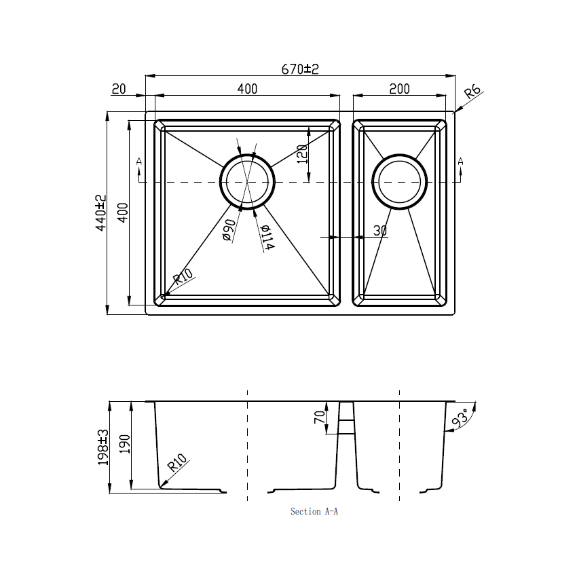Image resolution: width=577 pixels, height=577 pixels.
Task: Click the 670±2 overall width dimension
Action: coord(300,69)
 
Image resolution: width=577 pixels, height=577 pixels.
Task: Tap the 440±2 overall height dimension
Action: coord(101,212)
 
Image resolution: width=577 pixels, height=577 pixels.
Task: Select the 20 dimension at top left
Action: coord(119,89)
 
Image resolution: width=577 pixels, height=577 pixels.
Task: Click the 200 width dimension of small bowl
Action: coord(399,89)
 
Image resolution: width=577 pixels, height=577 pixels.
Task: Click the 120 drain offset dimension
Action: coord(303,154)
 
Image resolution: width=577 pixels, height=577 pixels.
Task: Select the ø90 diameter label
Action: coord(229,230)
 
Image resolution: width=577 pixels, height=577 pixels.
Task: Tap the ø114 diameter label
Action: coord(267,237)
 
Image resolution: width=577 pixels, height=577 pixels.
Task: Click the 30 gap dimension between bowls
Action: coord(380,231)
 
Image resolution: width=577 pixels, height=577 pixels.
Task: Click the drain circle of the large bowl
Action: coord(248,181)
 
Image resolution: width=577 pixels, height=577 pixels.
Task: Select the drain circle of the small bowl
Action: coord(399,181)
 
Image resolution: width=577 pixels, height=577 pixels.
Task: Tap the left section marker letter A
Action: coord(139,161)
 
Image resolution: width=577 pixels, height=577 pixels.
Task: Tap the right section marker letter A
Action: coord(461,161)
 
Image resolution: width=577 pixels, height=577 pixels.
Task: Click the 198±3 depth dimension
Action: coord(103,446)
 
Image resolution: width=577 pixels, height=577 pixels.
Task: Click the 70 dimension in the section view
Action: coord(320,417)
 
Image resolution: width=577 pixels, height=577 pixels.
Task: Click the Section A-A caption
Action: coord(314,511)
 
